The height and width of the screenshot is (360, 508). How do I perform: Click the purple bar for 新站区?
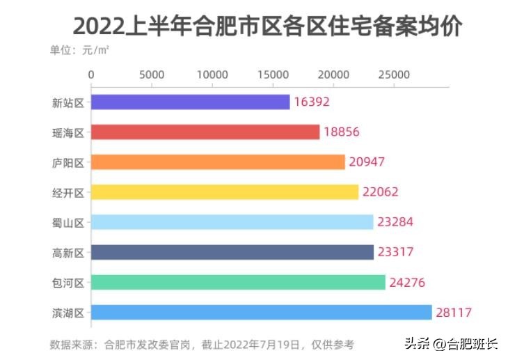pos(190,102)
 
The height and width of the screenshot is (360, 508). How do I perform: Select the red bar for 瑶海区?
pos(205,132)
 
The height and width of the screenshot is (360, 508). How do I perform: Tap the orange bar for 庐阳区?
pos(218,162)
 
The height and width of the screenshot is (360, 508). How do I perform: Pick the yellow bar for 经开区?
pos(225,192)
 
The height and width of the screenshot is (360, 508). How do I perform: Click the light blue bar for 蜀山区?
pos(232,222)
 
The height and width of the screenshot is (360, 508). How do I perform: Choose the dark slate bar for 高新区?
pos(232,252)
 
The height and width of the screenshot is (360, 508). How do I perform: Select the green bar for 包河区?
pos(238,282)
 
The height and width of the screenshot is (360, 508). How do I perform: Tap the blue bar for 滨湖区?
pos(262,312)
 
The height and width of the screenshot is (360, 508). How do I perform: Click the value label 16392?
pos(311,102)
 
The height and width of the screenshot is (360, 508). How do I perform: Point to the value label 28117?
pos(454,313)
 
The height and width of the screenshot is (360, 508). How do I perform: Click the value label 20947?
pos(367,162)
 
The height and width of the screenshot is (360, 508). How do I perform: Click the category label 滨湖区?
pos(68,313)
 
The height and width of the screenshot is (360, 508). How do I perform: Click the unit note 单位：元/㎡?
pos(79,50)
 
